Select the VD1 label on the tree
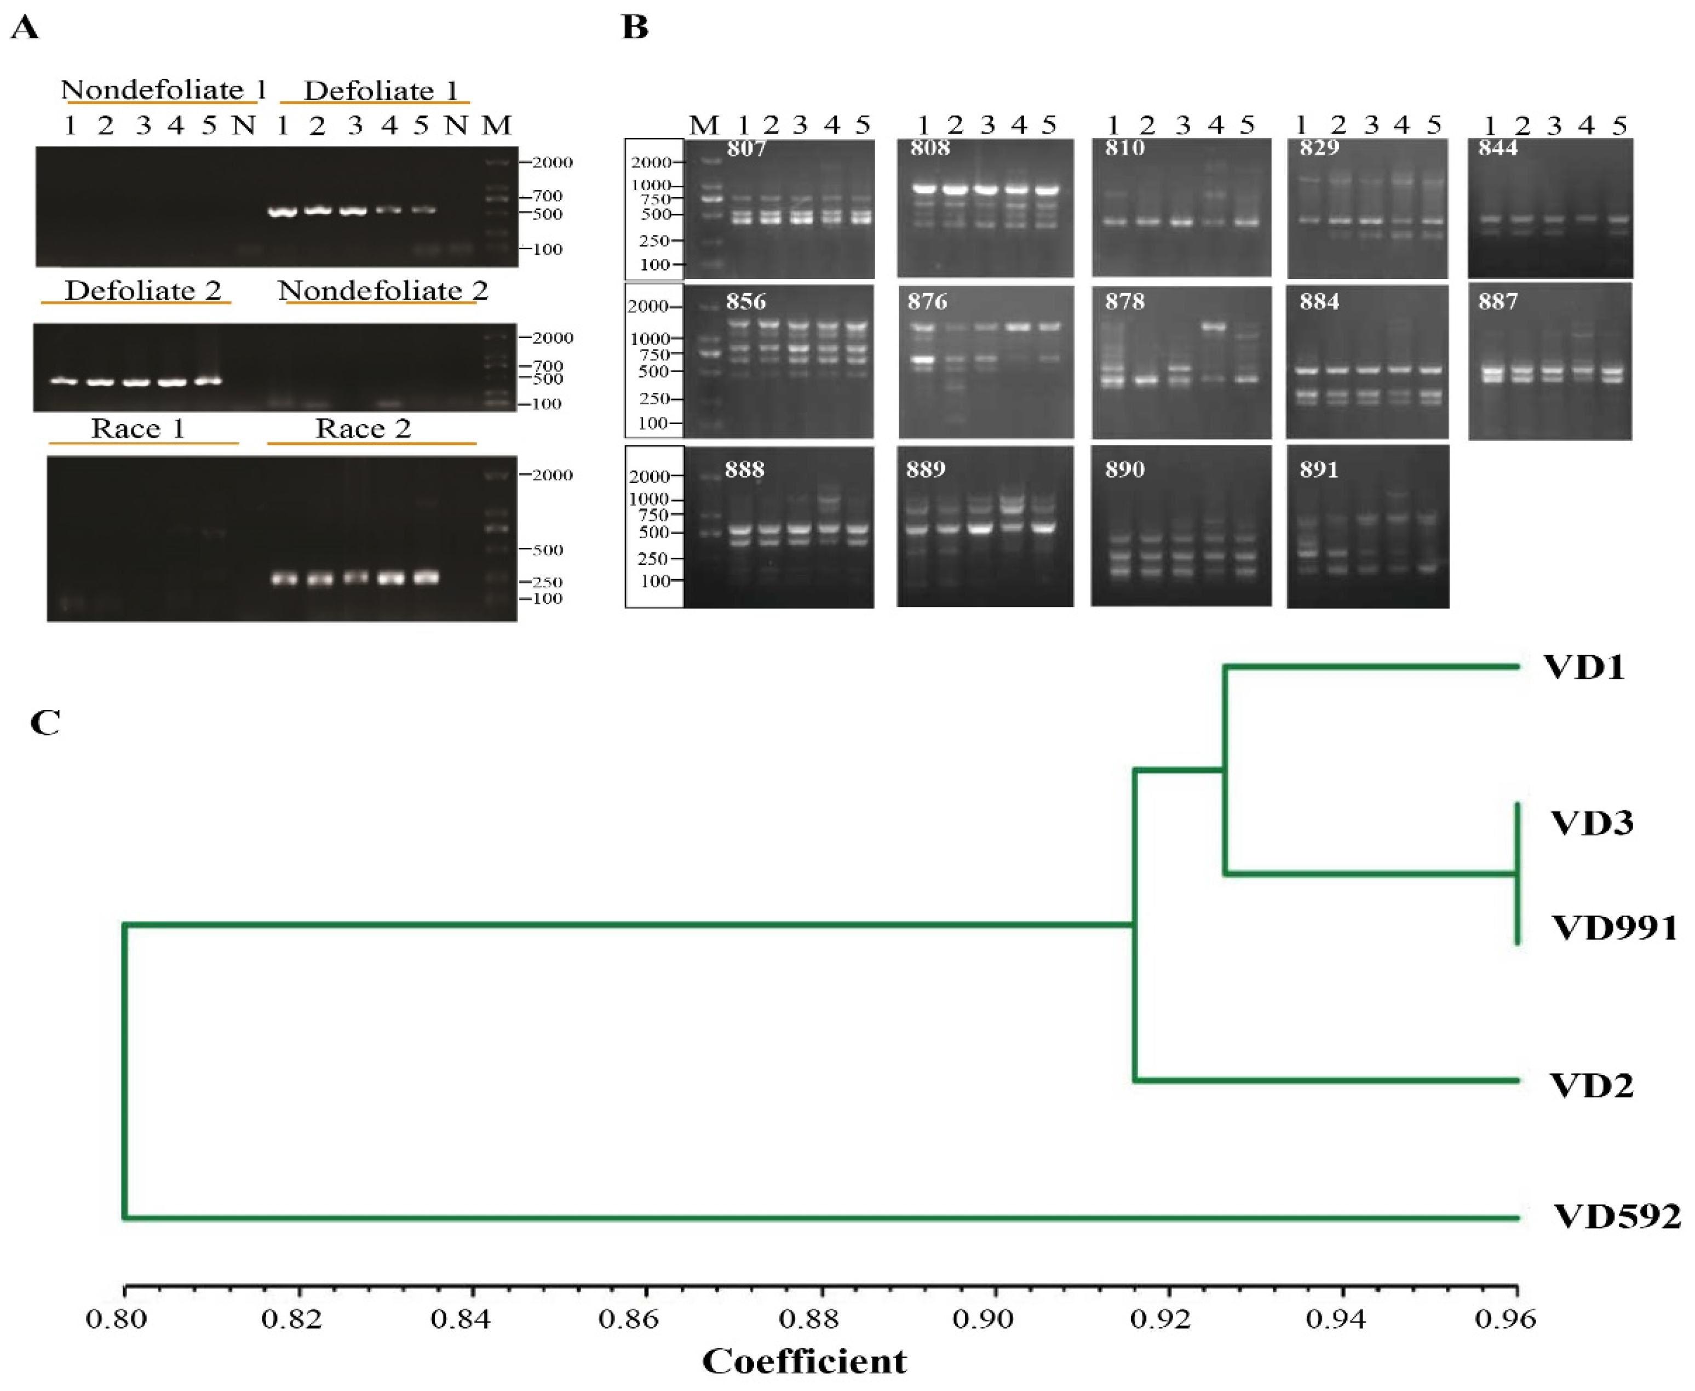(x=1584, y=667)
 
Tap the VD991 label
(x=1613, y=928)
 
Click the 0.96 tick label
(x=1504, y=1318)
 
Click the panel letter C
(x=45, y=723)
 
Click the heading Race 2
(x=363, y=428)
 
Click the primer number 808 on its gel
(x=929, y=148)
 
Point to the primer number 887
(x=1497, y=302)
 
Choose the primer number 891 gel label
(x=1319, y=470)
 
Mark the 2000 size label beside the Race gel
(x=551, y=475)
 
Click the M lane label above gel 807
(x=704, y=125)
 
